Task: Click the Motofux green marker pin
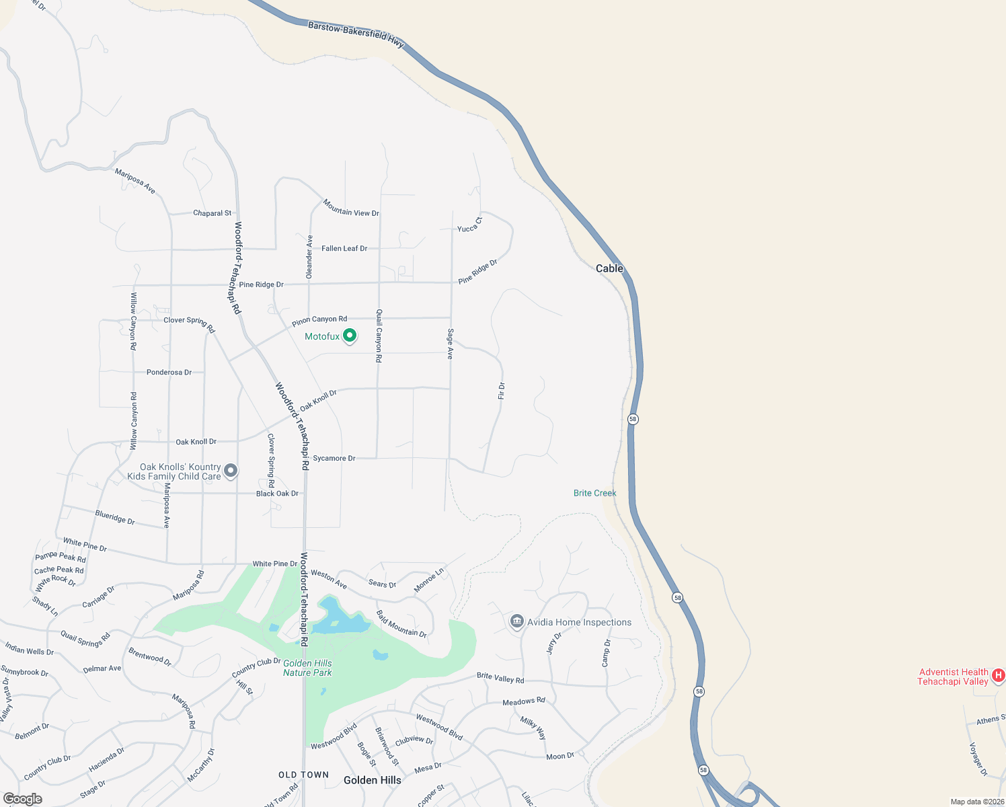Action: pos(350,336)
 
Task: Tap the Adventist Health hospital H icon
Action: pos(999,675)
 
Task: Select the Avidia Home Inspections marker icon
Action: pos(517,621)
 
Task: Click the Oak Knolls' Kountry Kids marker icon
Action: pos(231,470)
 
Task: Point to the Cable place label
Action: pos(609,268)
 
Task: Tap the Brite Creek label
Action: pos(594,493)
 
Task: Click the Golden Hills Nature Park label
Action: pos(307,668)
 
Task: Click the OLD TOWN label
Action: pos(304,775)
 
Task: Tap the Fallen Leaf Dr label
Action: pos(344,248)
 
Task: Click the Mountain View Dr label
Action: pos(351,208)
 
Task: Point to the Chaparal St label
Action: pos(212,213)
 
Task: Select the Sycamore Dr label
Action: pos(334,458)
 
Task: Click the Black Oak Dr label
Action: pos(277,494)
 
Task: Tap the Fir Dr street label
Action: pos(502,391)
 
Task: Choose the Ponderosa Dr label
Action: pos(169,372)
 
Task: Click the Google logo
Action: pos(23,799)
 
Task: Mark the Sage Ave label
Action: pos(451,344)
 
